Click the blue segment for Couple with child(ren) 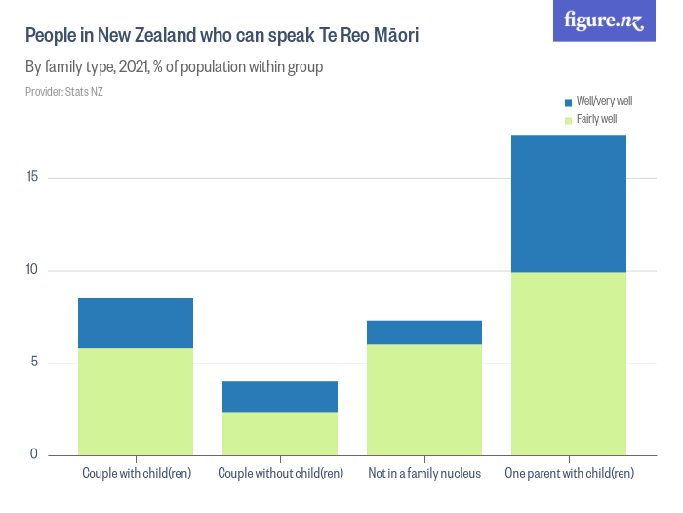click(136, 322)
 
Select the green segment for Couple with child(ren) click(136, 401)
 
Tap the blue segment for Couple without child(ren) click(280, 397)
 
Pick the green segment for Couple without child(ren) click(280, 434)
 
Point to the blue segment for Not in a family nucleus click(424, 332)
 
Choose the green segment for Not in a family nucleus click(424, 400)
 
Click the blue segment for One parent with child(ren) click(569, 203)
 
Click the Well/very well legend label click(604, 101)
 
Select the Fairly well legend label click(596, 119)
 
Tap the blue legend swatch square click(569, 102)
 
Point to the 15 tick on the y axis click(32, 177)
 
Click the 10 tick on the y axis click(32, 270)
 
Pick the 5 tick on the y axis click(34, 363)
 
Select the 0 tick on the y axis click(34, 454)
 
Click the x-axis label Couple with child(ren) click(136, 474)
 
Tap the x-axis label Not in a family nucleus click(424, 474)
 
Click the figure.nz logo click(604, 21)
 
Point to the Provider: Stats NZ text click(64, 92)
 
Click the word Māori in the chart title click(395, 37)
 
